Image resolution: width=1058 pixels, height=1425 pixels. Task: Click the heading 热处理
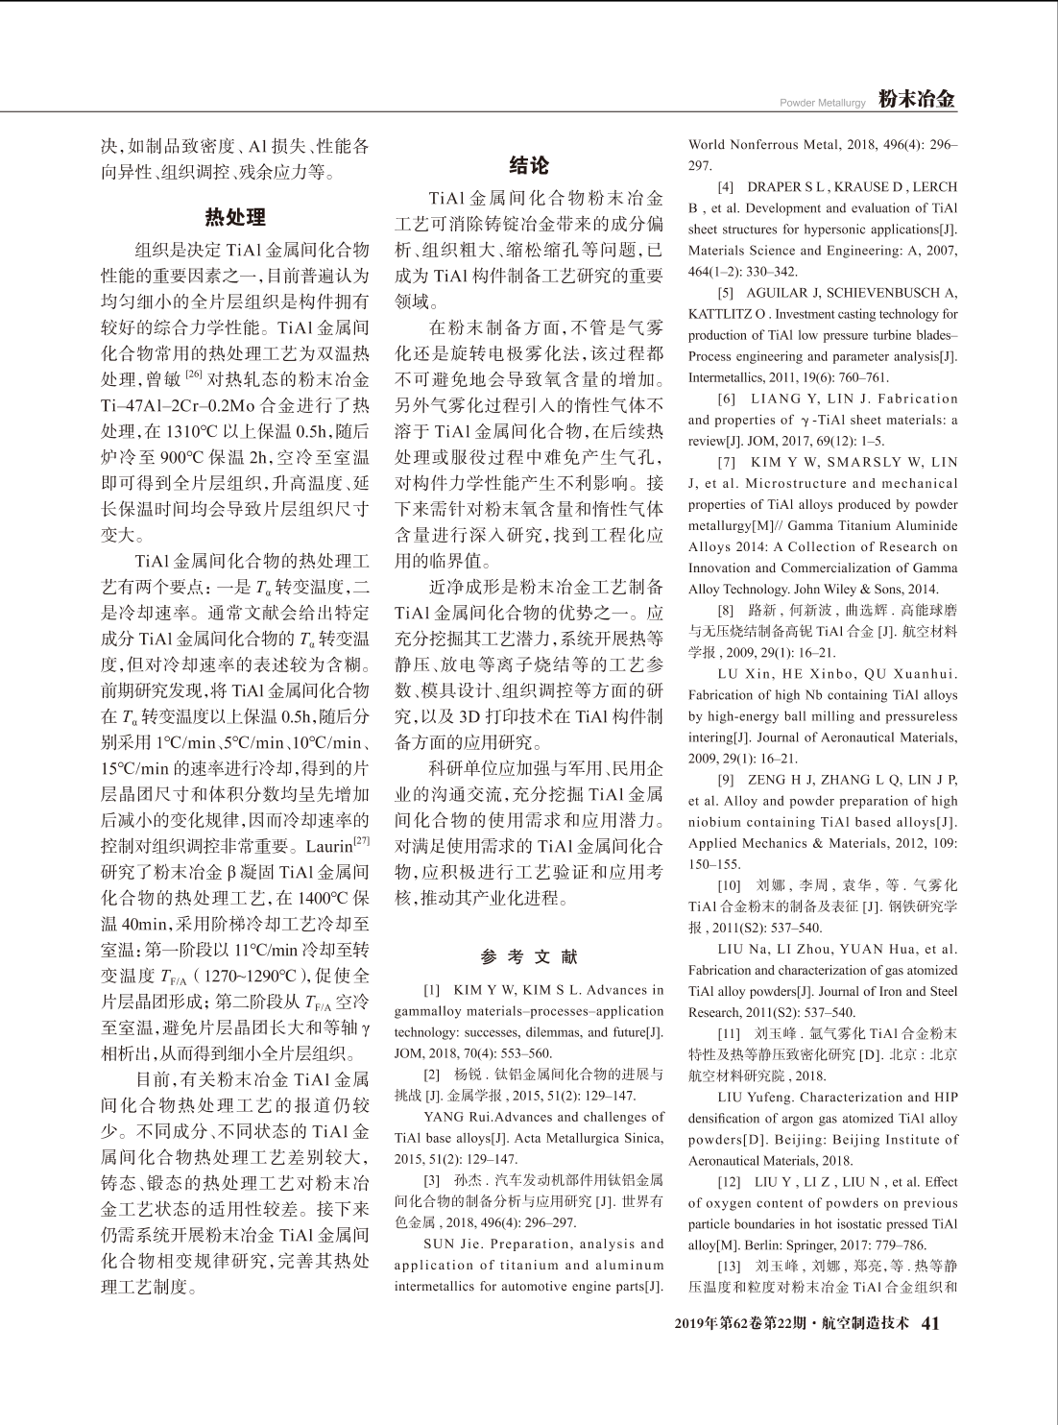(235, 217)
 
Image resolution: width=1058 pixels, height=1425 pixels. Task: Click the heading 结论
(528, 165)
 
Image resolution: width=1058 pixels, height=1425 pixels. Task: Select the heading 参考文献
(529, 956)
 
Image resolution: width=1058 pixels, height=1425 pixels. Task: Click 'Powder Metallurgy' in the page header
(823, 103)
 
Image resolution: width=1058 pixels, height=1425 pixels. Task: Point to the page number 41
(929, 1323)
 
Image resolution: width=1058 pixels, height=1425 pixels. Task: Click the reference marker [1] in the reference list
(432, 990)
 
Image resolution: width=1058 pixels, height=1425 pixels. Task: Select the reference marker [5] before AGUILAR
(727, 293)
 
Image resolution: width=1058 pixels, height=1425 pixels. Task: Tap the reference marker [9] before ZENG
(727, 780)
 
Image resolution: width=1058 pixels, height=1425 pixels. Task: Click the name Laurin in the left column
(328, 848)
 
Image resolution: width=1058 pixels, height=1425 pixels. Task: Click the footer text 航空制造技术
(866, 1323)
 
